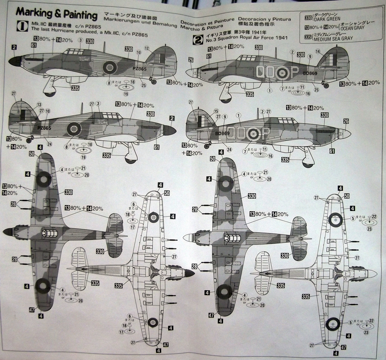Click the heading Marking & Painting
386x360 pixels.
point(56,15)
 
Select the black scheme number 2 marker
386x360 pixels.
point(198,39)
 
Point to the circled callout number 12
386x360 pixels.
point(147,48)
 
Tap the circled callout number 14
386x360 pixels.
point(317,51)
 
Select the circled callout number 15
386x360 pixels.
point(216,111)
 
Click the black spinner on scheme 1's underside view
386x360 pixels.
point(189,273)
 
